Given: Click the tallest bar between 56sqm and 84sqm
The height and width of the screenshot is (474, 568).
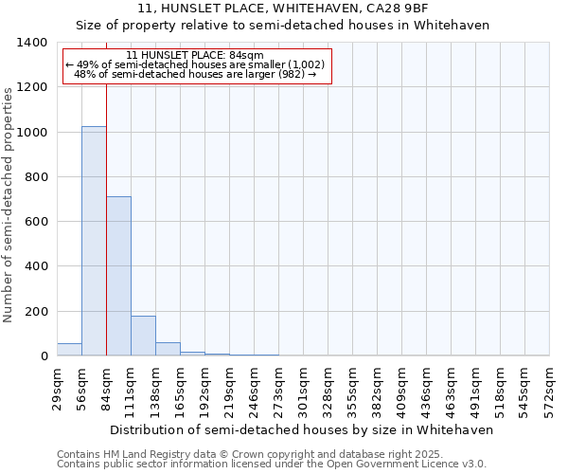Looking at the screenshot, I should point(94,241).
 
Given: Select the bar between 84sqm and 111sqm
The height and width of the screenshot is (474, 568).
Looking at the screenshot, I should point(118,276).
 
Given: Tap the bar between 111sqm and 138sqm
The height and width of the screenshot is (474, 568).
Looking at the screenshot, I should point(143,336).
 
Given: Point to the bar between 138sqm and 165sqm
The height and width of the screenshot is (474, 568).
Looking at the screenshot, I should point(168,349).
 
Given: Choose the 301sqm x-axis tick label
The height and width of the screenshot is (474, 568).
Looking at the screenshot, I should point(303,389).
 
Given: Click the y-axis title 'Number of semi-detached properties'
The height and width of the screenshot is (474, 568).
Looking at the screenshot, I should point(9,205).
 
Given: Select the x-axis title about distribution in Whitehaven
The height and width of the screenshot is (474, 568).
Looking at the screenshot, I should point(303,429).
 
